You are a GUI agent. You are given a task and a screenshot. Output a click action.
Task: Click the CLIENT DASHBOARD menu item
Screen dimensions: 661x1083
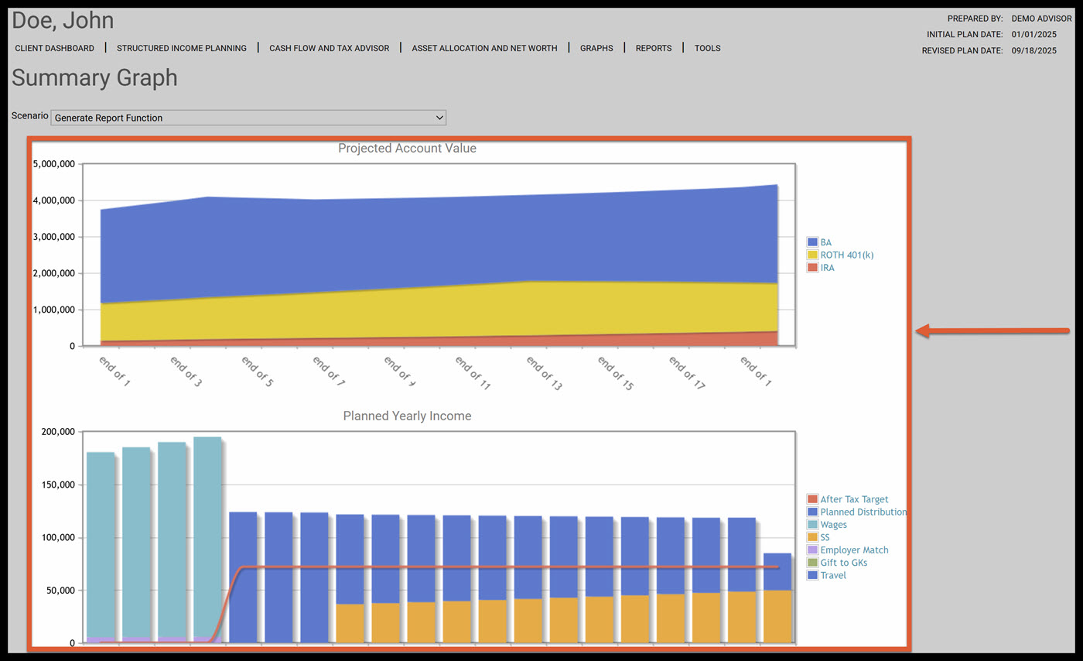click(54, 48)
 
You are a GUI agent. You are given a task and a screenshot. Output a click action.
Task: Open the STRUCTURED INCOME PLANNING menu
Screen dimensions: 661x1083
click(182, 48)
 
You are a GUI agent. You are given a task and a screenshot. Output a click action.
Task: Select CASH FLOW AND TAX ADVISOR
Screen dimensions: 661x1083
click(330, 48)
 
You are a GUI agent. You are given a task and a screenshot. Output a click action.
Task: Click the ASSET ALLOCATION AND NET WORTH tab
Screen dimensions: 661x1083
click(484, 48)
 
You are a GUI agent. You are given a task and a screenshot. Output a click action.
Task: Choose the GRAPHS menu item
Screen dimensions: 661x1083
click(596, 48)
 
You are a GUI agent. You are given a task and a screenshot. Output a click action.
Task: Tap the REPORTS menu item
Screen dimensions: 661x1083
click(654, 48)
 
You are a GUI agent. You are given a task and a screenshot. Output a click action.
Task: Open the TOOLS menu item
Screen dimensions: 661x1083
click(707, 48)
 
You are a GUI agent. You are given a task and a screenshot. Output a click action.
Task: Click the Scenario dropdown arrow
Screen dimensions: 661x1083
click(439, 118)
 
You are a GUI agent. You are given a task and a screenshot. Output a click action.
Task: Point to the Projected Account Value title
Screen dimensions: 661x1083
click(407, 148)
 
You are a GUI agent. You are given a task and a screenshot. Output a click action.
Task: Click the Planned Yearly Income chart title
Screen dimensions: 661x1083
click(407, 416)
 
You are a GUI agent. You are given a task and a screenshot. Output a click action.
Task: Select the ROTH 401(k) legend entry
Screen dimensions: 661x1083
click(846, 255)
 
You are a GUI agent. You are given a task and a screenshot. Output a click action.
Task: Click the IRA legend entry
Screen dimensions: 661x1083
click(827, 268)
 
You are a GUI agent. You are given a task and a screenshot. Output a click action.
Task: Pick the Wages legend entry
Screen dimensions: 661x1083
click(833, 525)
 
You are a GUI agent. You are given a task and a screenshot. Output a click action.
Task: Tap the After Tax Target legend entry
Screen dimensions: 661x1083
click(854, 499)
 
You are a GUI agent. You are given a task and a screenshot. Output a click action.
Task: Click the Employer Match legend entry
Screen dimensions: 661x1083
click(854, 550)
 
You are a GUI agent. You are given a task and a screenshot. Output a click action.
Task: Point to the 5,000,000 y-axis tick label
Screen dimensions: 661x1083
click(53, 164)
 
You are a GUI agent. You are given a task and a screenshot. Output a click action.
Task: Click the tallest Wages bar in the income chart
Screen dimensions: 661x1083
click(207, 534)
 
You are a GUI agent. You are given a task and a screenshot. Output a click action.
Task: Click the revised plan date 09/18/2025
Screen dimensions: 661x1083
click(1033, 50)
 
